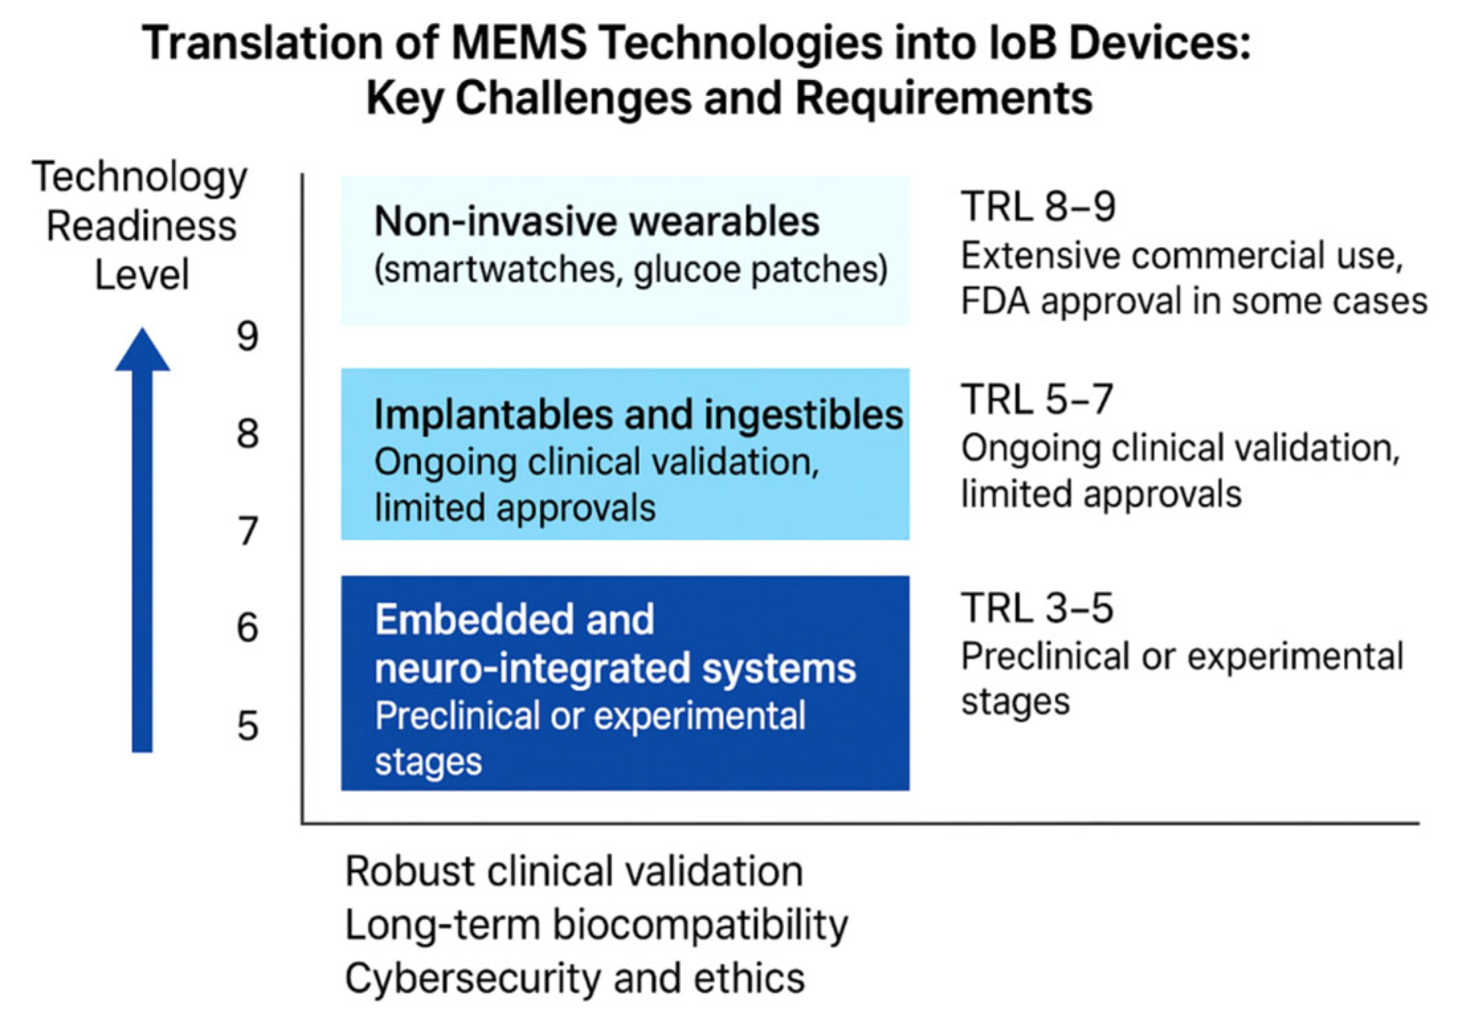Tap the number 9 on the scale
[x=248, y=337]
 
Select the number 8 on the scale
[x=248, y=434]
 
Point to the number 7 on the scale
[x=248, y=532]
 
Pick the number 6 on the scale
[x=248, y=628]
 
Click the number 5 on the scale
[x=248, y=726]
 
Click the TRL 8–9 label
[x=1038, y=206]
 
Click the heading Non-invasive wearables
[x=596, y=221]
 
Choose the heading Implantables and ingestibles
[x=638, y=415]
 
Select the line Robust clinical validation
[x=574, y=871]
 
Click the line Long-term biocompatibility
[x=596, y=925]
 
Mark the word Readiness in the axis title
[x=142, y=226]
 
